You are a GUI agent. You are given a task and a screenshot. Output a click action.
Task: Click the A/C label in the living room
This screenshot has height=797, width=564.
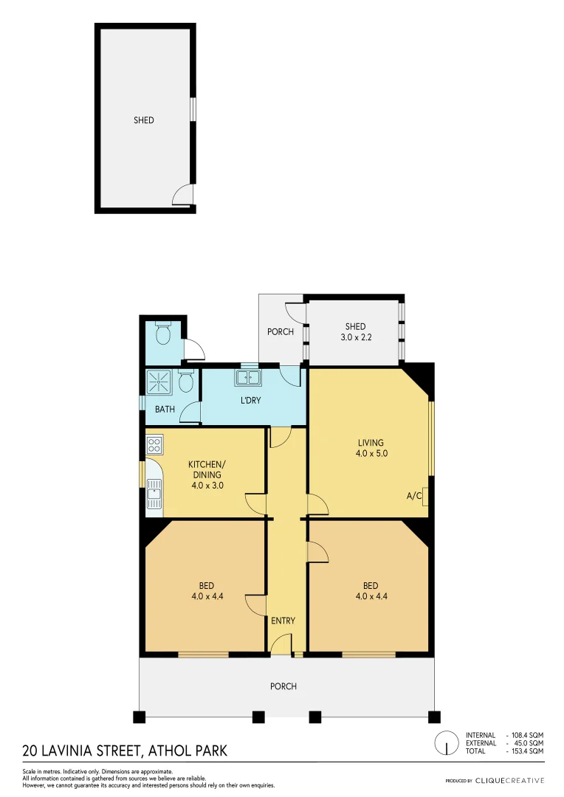tap(414, 496)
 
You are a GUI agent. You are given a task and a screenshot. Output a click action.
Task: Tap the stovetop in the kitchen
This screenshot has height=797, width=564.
tap(154, 445)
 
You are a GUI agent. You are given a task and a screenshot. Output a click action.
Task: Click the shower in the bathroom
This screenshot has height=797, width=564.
tap(158, 382)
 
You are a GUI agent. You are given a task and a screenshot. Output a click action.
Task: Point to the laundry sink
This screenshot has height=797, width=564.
tap(247, 379)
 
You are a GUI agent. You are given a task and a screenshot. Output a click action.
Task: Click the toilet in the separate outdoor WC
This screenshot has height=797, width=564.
tap(163, 334)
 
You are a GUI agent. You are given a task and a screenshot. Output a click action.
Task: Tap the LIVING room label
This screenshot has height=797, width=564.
tap(371, 443)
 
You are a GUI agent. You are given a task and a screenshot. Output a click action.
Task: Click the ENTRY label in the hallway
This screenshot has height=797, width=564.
tap(283, 621)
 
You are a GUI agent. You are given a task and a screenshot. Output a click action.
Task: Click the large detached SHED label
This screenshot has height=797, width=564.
tap(144, 120)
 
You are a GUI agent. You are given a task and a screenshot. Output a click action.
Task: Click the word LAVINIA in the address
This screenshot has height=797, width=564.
tap(73, 751)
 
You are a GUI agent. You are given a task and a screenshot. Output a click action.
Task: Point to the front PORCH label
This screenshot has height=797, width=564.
tap(283, 686)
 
